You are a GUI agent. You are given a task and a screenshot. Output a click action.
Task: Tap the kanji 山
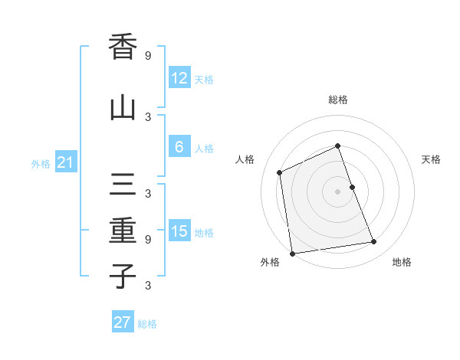[x=123, y=108]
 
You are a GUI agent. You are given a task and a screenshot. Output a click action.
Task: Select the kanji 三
[x=123, y=186]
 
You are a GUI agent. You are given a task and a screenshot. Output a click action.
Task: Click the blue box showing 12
[x=179, y=77]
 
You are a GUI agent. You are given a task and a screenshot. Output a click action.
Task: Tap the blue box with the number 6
[x=179, y=147]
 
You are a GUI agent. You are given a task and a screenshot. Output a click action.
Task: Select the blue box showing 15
[x=179, y=231]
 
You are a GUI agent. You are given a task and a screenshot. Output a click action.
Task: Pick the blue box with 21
[x=65, y=162]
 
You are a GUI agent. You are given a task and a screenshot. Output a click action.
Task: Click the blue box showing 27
[x=123, y=322]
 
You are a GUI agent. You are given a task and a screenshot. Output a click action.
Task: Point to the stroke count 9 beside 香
[x=148, y=55]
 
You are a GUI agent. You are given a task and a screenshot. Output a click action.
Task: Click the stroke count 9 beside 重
[x=148, y=239]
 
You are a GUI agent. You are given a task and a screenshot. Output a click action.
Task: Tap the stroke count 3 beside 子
[x=148, y=286]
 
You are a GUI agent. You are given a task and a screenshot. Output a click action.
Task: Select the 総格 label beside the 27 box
[x=147, y=324]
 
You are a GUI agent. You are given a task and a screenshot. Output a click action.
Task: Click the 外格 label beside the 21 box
[x=41, y=164]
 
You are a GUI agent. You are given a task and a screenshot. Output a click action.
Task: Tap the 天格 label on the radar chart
[x=432, y=159]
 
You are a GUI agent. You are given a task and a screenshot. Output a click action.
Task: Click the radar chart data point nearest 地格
[x=374, y=242]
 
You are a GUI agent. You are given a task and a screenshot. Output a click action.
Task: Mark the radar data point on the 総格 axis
[x=338, y=146]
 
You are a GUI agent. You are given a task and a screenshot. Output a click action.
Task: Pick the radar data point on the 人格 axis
[x=280, y=172]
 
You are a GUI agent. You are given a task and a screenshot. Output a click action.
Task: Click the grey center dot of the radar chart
[x=338, y=191]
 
